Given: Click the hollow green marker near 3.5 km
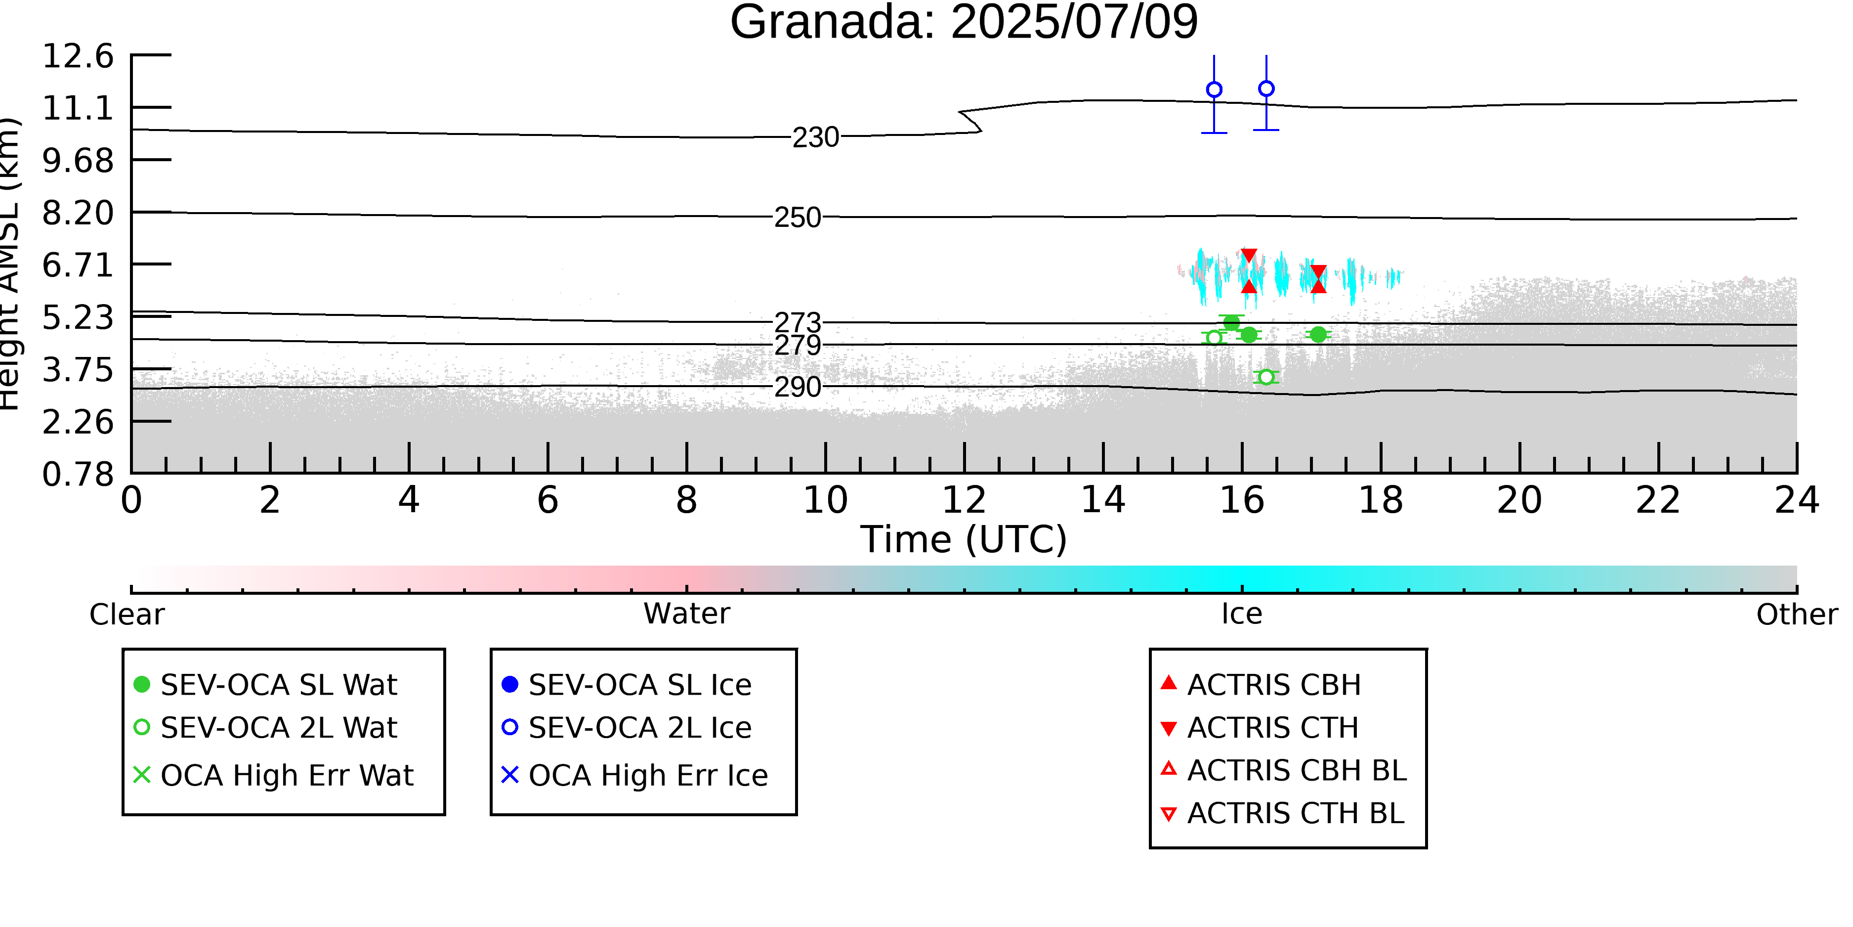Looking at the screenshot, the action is (x=1266, y=377).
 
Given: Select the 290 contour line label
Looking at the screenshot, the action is (x=797, y=387).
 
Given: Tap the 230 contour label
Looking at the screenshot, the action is (x=816, y=137).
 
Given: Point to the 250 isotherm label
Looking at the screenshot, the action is (x=797, y=218).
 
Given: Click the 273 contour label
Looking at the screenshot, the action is (x=797, y=322).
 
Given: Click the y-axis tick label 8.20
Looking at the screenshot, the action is (x=78, y=213).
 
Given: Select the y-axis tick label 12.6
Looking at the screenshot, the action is (x=78, y=56).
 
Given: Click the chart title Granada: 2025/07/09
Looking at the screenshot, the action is (x=964, y=22).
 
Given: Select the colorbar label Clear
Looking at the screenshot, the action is (x=126, y=615).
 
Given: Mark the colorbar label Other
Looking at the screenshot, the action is (x=1797, y=615).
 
